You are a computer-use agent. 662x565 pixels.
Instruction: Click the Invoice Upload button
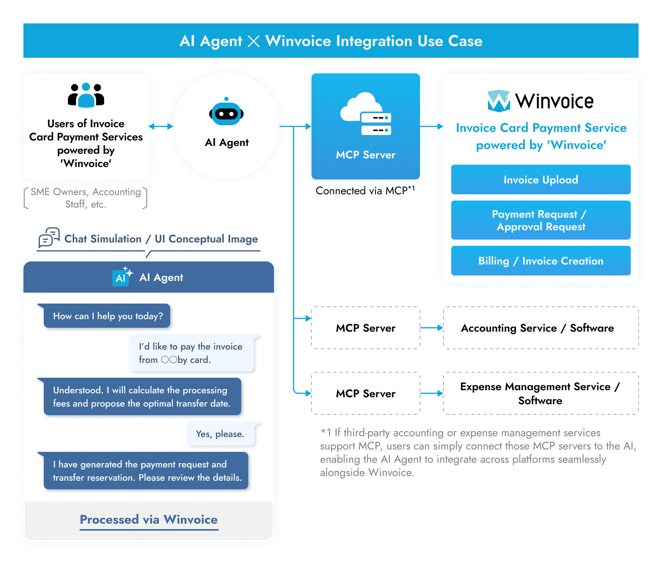tap(541, 179)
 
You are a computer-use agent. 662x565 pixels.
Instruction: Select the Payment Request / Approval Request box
tap(541, 220)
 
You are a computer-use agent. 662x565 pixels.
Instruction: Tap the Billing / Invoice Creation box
tap(541, 261)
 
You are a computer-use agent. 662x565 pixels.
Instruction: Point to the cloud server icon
tap(366, 114)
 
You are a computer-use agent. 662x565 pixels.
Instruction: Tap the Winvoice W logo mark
tap(499, 101)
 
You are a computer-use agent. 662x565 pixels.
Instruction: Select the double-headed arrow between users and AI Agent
tap(161, 126)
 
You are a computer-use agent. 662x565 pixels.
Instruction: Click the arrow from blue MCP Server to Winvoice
tap(432, 126)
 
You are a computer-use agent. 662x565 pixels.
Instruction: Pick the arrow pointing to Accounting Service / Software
tap(432, 328)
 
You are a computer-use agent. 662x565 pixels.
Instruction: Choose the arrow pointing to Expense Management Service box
tap(432, 393)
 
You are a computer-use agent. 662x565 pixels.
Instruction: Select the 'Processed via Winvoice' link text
tap(149, 520)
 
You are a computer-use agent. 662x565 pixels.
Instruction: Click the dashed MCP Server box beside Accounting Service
tap(366, 328)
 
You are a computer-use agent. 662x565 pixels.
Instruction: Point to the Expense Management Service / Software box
tap(541, 393)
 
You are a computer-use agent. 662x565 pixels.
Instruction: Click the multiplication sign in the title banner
tap(254, 41)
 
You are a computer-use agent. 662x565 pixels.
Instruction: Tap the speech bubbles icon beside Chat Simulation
tap(49, 237)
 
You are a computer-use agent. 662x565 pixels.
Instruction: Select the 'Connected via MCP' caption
tap(365, 190)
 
